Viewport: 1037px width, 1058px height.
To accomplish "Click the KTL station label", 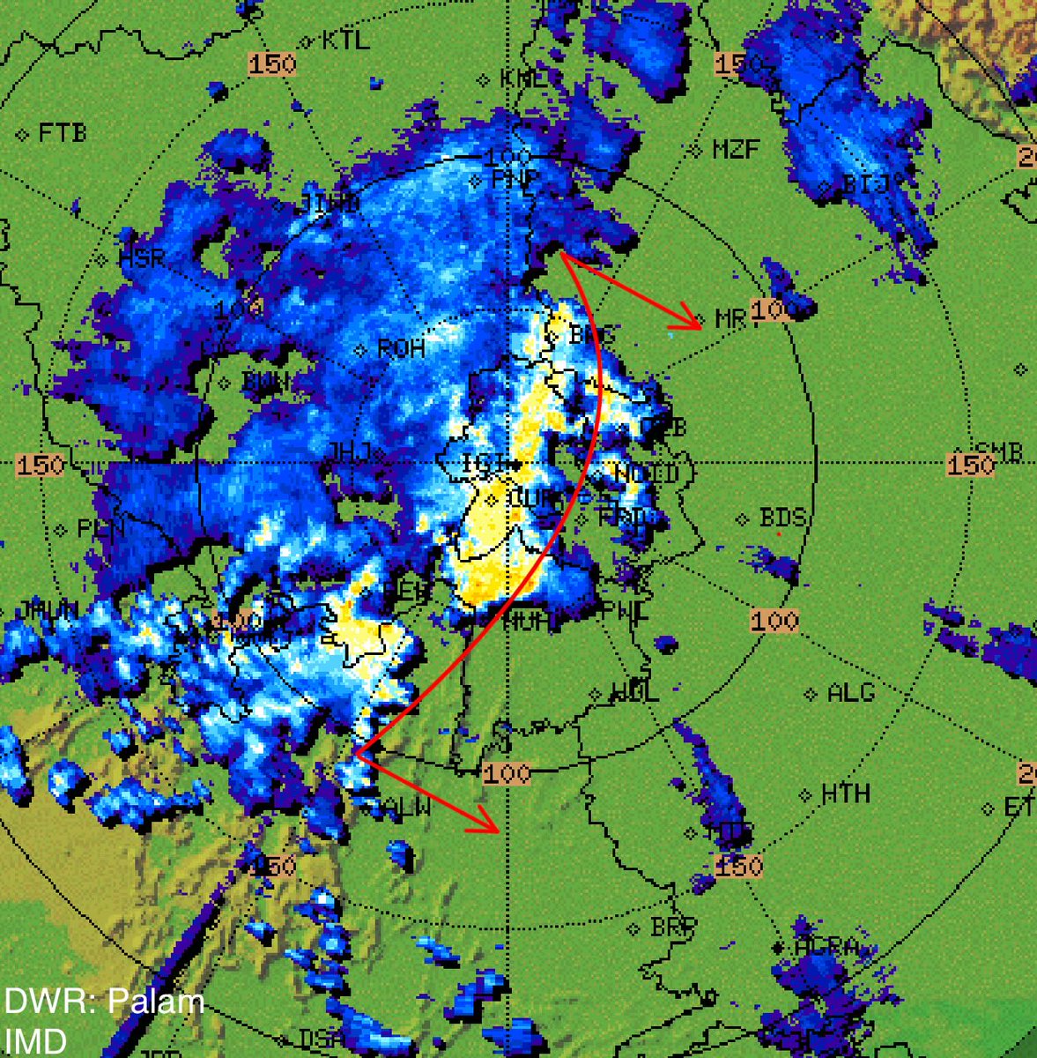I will tap(345, 41).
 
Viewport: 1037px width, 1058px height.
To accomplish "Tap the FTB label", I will tap(63, 134).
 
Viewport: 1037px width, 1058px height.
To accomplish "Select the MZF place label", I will tap(736, 149).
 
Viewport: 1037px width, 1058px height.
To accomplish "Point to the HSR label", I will tap(141, 259).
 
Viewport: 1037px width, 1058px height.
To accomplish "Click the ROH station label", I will tap(401, 349).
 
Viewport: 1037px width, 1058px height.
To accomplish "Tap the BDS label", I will tap(782, 518).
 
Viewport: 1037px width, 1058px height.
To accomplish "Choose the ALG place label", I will tap(850, 694).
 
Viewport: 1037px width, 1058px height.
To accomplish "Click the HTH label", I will tap(845, 794).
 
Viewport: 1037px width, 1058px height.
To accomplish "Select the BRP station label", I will tap(674, 928).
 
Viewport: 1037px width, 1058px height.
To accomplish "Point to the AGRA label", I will tap(826, 948).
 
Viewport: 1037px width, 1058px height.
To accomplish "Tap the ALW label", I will tap(408, 806).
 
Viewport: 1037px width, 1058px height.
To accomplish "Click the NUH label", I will tap(530, 622).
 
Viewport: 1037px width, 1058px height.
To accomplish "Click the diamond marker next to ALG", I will tap(811, 695).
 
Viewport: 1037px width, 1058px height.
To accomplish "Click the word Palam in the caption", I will tap(156, 1002).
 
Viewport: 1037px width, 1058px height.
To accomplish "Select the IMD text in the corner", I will tap(35, 1041).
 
